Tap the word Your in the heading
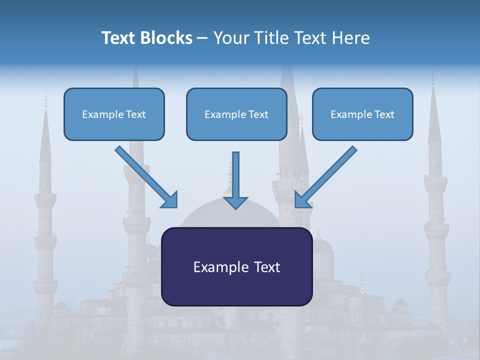(x=231, y=38)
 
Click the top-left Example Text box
(x=114, y=114)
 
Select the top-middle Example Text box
(x=236, y=114)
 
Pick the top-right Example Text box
(x=362, y=114)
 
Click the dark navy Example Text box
(x=236, y=266)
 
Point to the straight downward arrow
(x=235, y=175)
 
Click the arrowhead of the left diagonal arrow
(x=170, y=200)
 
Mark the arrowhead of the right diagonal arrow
(x=302, y=200)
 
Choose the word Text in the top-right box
(x=384, y=114)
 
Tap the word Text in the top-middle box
(x=258, y=114)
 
